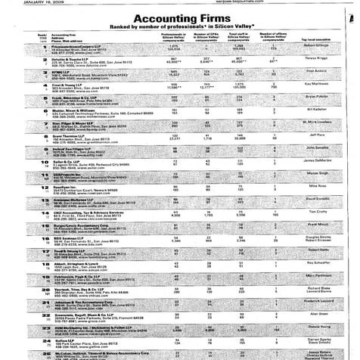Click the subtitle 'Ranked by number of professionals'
click(x=181, y=27)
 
